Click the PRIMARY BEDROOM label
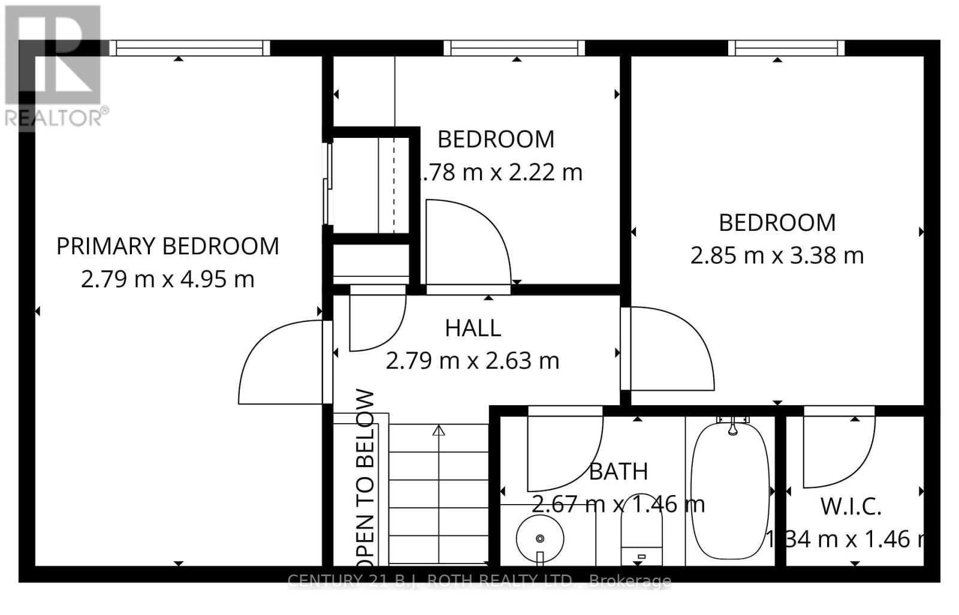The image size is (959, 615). [x=167, y=246]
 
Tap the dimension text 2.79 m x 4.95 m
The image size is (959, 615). [x=167, y=279]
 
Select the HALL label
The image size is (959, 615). [x=473, y=328]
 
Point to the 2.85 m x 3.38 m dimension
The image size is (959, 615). [x=777, y=256]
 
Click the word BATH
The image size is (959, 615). [x=618, y=472]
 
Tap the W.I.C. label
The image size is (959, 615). [x=851, y=507]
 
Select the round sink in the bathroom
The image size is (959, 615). [x=539, y=538]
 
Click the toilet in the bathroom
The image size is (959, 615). [x=641, y=536]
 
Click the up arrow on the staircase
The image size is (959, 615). [x=439, y=430]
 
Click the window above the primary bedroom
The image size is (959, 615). [x=189, y=48]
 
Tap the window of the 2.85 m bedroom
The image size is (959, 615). [x=786, y=48]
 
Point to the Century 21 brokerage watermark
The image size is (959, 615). [x=479, y=580]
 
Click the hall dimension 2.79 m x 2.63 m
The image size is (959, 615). [x=472, y=361]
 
